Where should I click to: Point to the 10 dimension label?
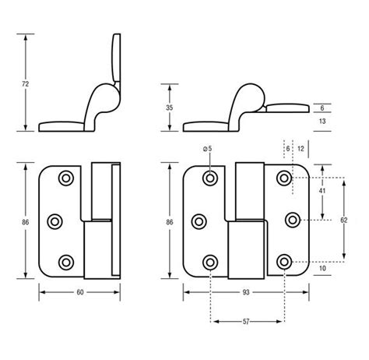click(x=322, y=269)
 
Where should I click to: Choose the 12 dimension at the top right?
click(x=300, y=148)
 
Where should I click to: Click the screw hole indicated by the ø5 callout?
click(x=210, y=180)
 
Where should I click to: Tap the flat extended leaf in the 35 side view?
click(x=292, y=110)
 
